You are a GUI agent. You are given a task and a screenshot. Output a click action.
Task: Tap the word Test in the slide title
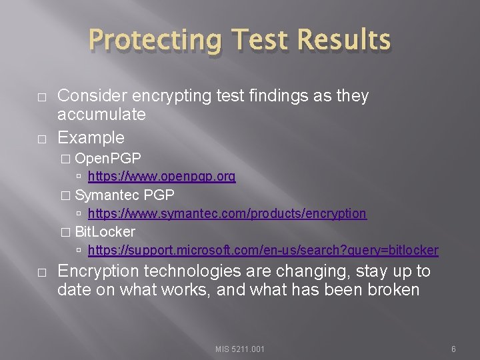[x=251, y=41]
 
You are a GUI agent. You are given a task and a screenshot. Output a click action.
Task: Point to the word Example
[x=91, y=137]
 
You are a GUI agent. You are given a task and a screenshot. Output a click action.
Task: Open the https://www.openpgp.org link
[x=161, y=177]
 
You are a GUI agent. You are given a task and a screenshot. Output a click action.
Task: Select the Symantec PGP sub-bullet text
[x=125, y=195]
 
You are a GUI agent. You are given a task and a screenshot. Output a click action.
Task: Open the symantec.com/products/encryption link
[x=227, y=213]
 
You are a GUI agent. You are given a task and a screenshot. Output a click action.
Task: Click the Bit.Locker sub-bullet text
[x=105, y=231]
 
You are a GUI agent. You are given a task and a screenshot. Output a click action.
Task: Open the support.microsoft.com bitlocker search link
[x=263, y=250]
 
